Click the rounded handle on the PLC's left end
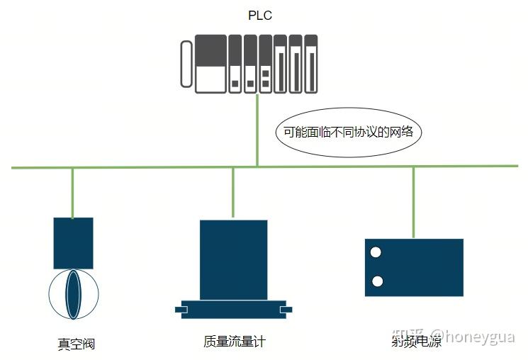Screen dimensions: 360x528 [186, 64]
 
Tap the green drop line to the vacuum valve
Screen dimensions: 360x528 [73, 192]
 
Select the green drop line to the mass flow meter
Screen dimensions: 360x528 [233, 193]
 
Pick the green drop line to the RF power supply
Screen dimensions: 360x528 [414, 202]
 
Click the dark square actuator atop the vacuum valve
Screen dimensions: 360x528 [73, 243]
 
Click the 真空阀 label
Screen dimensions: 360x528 [76, 344]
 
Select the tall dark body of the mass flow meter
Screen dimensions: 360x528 [233, 259]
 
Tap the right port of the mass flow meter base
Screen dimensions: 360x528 [286, 310]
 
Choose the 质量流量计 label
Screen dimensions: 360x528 [234, 342]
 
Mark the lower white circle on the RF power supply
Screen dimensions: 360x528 [377, 281]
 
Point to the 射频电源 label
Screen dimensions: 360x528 [415, 342]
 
